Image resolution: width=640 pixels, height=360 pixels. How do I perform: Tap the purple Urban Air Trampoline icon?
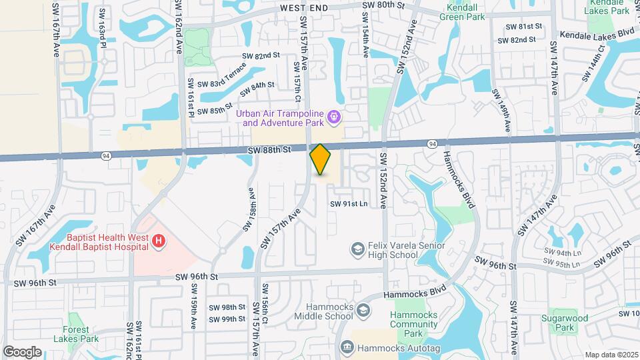pyautogui.click(x=335, y=119)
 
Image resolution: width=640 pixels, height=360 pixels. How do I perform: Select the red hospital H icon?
pyautogui.click(x=159, y=241)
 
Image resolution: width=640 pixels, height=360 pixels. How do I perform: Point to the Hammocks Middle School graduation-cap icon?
pyautogui.click(x=363, y=311)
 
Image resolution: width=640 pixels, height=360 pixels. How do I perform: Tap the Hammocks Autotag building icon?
pyautogui.click(x=347, y=347)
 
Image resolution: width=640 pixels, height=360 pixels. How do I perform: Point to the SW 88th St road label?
pyautogui.click(x=269, y=152)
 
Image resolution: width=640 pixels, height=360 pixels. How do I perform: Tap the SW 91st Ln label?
pyautogui.click(x=349, y=204)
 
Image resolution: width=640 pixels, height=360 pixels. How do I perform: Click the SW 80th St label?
pyautogui.click(x=383, y=5)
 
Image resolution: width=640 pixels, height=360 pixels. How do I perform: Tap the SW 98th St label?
pyautogui.click(x=227, y=307)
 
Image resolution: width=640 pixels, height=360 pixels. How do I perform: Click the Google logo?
pyautogui.click(x=22, y=351)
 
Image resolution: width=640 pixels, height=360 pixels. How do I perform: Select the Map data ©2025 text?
pyautogui.click(x=611, y=354)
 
